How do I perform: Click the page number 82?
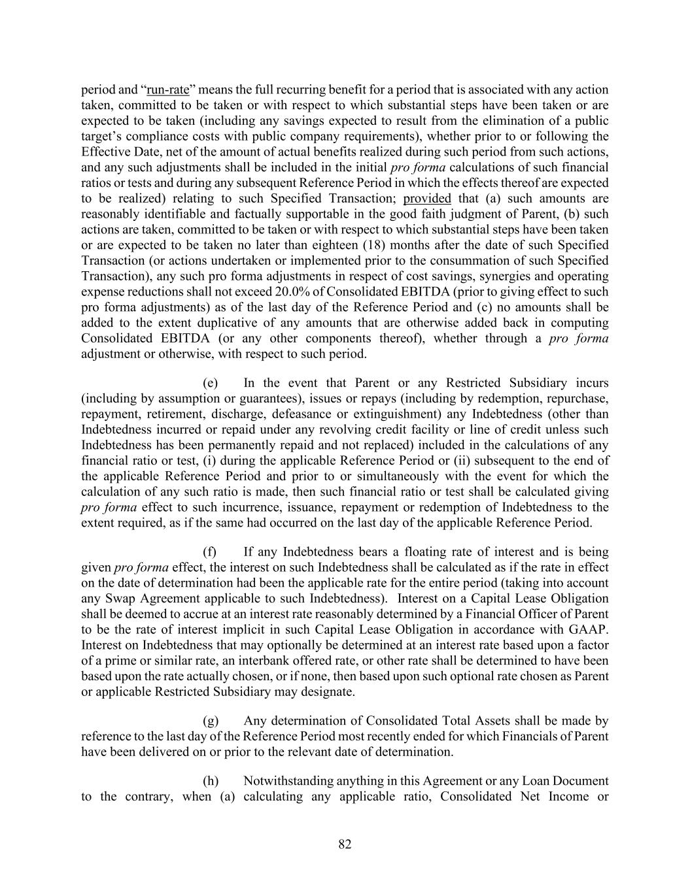coord(345,844)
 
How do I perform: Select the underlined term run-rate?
coord(167,90)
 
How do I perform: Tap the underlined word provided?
coord(427,199)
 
